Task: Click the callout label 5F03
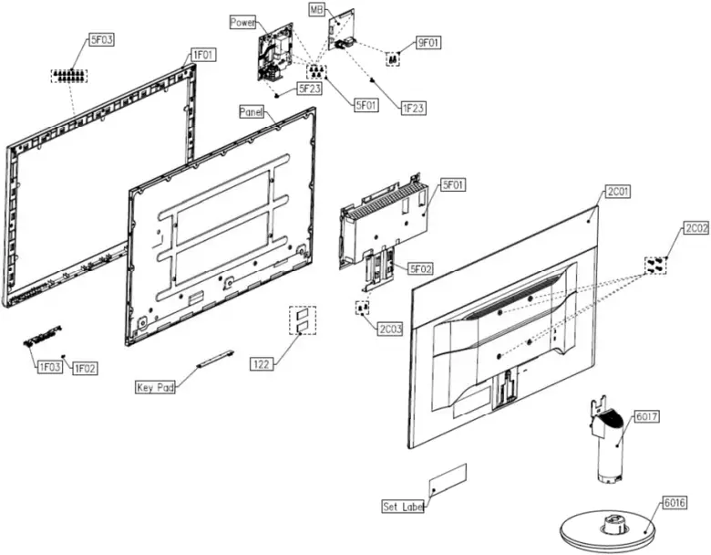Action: [x=101, y=40]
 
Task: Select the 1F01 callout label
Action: [x=201, y=56]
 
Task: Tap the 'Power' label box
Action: [x=243, y=22]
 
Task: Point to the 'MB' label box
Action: [x=317, y=9]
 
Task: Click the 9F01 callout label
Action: [x=428, y=42]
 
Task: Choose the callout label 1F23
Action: [x=413, y=108]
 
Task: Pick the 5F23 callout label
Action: [x=308, y=89]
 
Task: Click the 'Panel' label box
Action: [x=252, y=111]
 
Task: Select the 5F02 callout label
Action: [x=421, y=268]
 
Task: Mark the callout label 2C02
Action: [x=695, y=228]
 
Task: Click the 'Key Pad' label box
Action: [x=155, y=386]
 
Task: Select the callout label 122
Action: [x=261, y=363]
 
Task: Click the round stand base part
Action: [x=605, y=530]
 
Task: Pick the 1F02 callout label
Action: [x=85, y=368]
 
